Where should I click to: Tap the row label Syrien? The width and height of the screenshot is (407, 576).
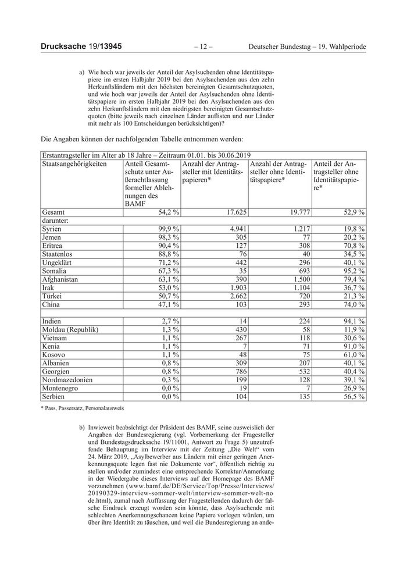52,229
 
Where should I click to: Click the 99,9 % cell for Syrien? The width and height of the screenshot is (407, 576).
167,229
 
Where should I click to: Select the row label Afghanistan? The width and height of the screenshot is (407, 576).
60,280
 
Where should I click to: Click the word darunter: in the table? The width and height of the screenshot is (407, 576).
56,221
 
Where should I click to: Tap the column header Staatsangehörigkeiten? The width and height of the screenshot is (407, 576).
74,165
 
